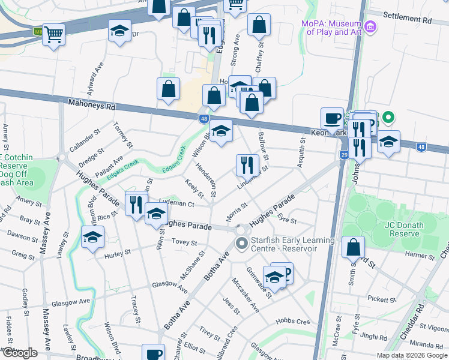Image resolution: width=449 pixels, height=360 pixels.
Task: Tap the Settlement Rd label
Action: tap(407, 20)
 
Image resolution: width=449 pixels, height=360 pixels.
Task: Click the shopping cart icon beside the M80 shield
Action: tap(53, 35)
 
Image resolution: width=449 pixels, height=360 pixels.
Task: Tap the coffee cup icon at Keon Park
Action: tap(332, 118)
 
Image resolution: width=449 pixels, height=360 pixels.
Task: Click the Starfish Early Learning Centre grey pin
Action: tap(242, 244)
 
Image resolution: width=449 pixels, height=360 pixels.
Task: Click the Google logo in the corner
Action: tap(20, 353)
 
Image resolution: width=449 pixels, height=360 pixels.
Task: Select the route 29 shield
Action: tap(344, 155)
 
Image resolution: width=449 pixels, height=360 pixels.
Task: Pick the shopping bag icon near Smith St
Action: tap(354, 247)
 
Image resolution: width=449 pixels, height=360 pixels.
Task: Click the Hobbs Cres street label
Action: tap(292, 322)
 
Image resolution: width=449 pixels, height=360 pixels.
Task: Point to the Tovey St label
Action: tap(184, 242)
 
